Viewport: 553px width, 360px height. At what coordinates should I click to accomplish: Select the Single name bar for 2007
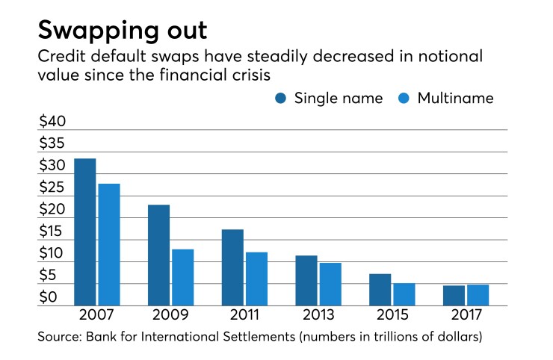(x=84, y=232)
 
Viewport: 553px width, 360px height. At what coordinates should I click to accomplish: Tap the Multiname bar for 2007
(x=109, y=244)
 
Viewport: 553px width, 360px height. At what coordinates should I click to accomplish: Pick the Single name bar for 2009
(x=158, y=255)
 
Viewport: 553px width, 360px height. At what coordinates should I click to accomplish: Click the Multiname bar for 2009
(x=183, y=277)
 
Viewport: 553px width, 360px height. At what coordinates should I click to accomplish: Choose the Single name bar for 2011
(x=232, y=267)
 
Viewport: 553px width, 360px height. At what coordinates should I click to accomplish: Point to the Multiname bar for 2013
(x=330, y=284)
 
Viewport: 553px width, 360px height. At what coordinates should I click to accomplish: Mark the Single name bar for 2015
(x=380, y=290)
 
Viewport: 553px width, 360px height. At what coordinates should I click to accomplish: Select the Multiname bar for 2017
(x=478, y=295)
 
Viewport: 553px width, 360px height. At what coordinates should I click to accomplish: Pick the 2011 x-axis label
(x=244, y=315)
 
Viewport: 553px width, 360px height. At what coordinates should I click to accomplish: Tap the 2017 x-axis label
(x=466, y=315)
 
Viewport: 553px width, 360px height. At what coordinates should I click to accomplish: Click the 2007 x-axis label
(x=96, y=315)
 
